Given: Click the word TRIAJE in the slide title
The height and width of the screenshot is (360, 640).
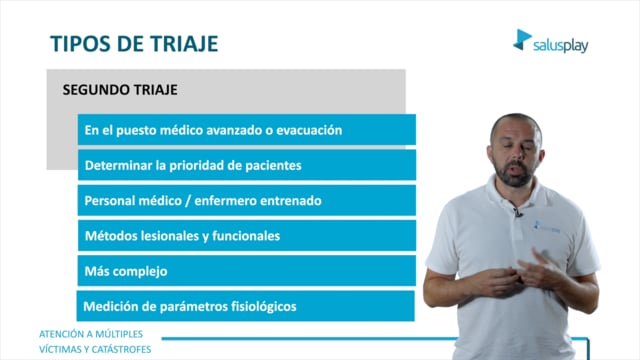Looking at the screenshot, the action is pyautogui.click(x=184, y=44).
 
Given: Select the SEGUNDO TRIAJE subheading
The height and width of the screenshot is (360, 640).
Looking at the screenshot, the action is pyautogui.click(x=120, y=90).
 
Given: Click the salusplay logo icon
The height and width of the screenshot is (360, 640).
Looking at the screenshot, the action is pyautogui.click(x=522, y=40).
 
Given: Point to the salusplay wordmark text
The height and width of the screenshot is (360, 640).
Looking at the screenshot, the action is pyautogui.click(x=560, y=45).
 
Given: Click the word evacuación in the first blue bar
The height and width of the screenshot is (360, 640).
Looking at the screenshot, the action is pyautogui.click(x=309, y=130).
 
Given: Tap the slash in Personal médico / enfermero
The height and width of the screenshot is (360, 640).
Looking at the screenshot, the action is pyautogui.click(x=188, y=201).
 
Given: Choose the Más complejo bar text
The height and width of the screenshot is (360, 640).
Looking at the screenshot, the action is pyautogui.click(x=126, y=271).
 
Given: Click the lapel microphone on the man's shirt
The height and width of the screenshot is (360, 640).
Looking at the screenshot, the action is pyautogui.click(x=518, y=212).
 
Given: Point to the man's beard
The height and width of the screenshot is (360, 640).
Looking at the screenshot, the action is pyautogui.click(x=514, y=173).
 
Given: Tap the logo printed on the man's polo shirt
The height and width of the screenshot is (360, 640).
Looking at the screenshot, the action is pyautogui.click(x=547, y=227).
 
